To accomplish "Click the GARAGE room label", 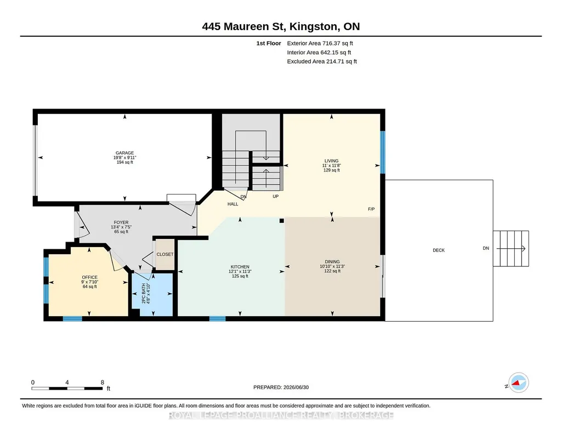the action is coord(124,153).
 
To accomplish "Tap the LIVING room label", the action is coord(332,161).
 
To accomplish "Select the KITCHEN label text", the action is coord(240,267).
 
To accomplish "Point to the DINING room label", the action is coord(332,262).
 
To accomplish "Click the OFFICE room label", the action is coord(89,277).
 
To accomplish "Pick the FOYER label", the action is coord(121,222).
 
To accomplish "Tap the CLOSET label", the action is coord(165,254).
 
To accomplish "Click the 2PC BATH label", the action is coord(144,294).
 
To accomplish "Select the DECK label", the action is coord(439,250).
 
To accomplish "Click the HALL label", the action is coord(232,204).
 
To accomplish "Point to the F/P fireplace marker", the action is coord(371,209).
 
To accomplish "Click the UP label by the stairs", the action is coord(276,196).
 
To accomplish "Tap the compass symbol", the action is coord(519,383).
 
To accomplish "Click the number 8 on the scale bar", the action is coord(102,382).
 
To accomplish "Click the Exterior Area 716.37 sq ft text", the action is coord(320,43).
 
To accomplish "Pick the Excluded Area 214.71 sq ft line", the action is coord(322,61).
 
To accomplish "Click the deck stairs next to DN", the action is coord(511,249).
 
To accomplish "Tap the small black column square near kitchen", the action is coord(282,221).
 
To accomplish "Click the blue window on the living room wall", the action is coord(383,152).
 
